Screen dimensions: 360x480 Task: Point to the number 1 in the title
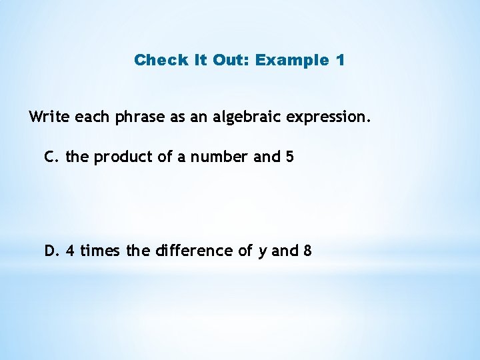click(x=341, y=60)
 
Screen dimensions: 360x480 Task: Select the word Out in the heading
click(x=229, y=60)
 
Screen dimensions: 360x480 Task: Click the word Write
click(x=49, y=117)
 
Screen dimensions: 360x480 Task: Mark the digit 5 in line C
click(x=289, y=157)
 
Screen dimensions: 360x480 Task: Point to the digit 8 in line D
click(x=307, y=251)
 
